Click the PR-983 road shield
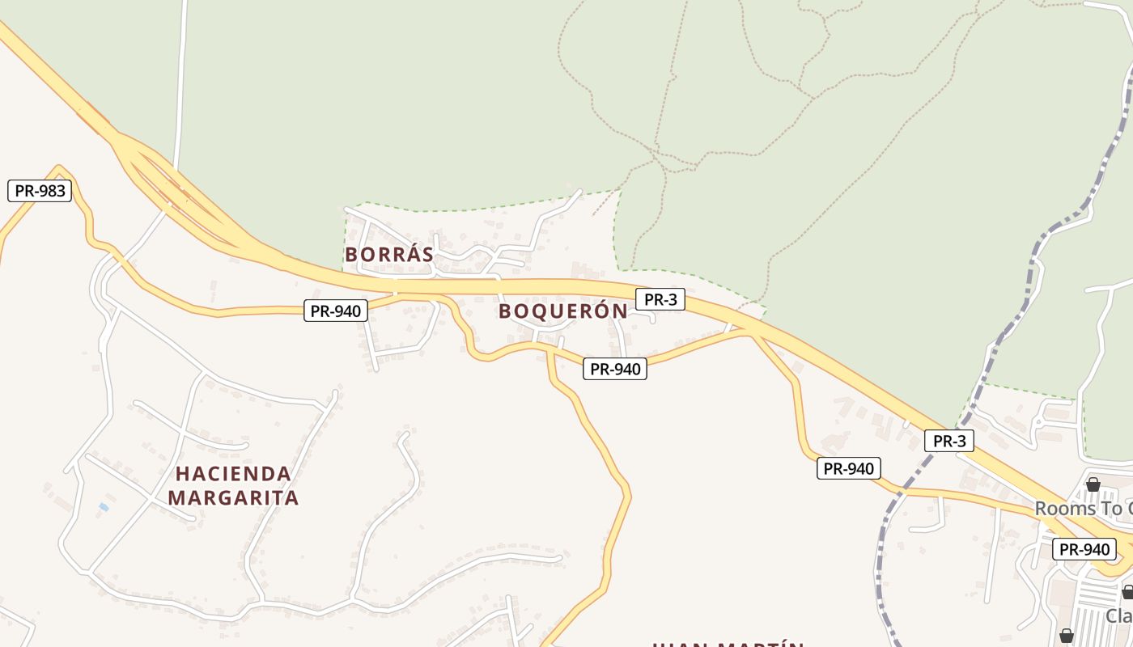(x=40, y=191)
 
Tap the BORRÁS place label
(x=389, y=255)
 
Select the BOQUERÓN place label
(x=562, y=311)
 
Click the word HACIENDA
(x=233, y=474)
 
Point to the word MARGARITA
(x=233, y=498)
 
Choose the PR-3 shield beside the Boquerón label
(x=660, y=299)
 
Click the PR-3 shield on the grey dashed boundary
(x=948, y=441)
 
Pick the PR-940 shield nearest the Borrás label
(x=336, y=310)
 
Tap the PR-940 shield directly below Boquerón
(x=615, y=369)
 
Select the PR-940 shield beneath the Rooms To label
(x=1084, y=549)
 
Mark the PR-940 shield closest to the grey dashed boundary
(x=848, y=468)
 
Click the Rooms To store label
(x=1083, y=509)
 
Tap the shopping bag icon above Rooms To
(x=1093, y=484)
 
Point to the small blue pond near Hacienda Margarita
(x=104, y=507)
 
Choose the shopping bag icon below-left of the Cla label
(x=1067, y=636)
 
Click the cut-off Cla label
(x=1119, y=615)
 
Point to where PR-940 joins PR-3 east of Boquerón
(x=751, y=332)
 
